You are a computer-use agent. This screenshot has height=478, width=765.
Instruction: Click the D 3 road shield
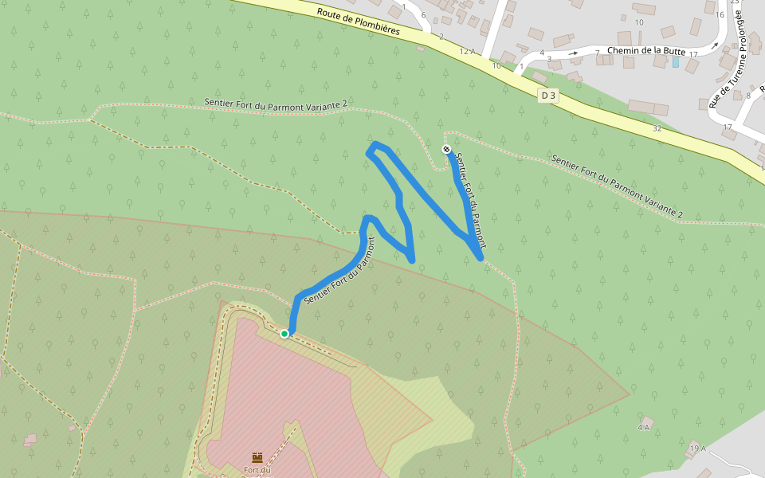pos(547,96)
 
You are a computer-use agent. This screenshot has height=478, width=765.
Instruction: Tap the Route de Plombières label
pos(357,22)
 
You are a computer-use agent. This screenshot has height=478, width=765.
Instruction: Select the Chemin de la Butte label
pos(645,51)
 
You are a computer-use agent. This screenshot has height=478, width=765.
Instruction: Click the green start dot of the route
pos(284,334)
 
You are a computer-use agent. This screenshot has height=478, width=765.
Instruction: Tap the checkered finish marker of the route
pos(446,149)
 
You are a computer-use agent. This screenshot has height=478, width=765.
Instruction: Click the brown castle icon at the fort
pos(257,457)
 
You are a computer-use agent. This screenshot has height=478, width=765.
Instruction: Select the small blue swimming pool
pos(676,61)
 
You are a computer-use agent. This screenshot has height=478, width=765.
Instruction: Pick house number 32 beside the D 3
pos(657,127)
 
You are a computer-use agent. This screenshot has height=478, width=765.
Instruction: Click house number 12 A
pos(467,51)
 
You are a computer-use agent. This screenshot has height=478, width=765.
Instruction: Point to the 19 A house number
pos(698,449)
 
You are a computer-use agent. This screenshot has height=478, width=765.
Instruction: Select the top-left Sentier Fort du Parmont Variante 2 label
pos(276,104)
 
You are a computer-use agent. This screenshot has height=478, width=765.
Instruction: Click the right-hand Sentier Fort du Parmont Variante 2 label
pos(617,187)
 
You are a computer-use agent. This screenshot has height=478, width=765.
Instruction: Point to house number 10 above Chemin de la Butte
pos(638,22)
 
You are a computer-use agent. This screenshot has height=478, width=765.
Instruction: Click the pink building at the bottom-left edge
pos(30,439)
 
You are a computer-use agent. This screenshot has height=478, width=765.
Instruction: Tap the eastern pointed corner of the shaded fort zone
pos(629,394)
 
